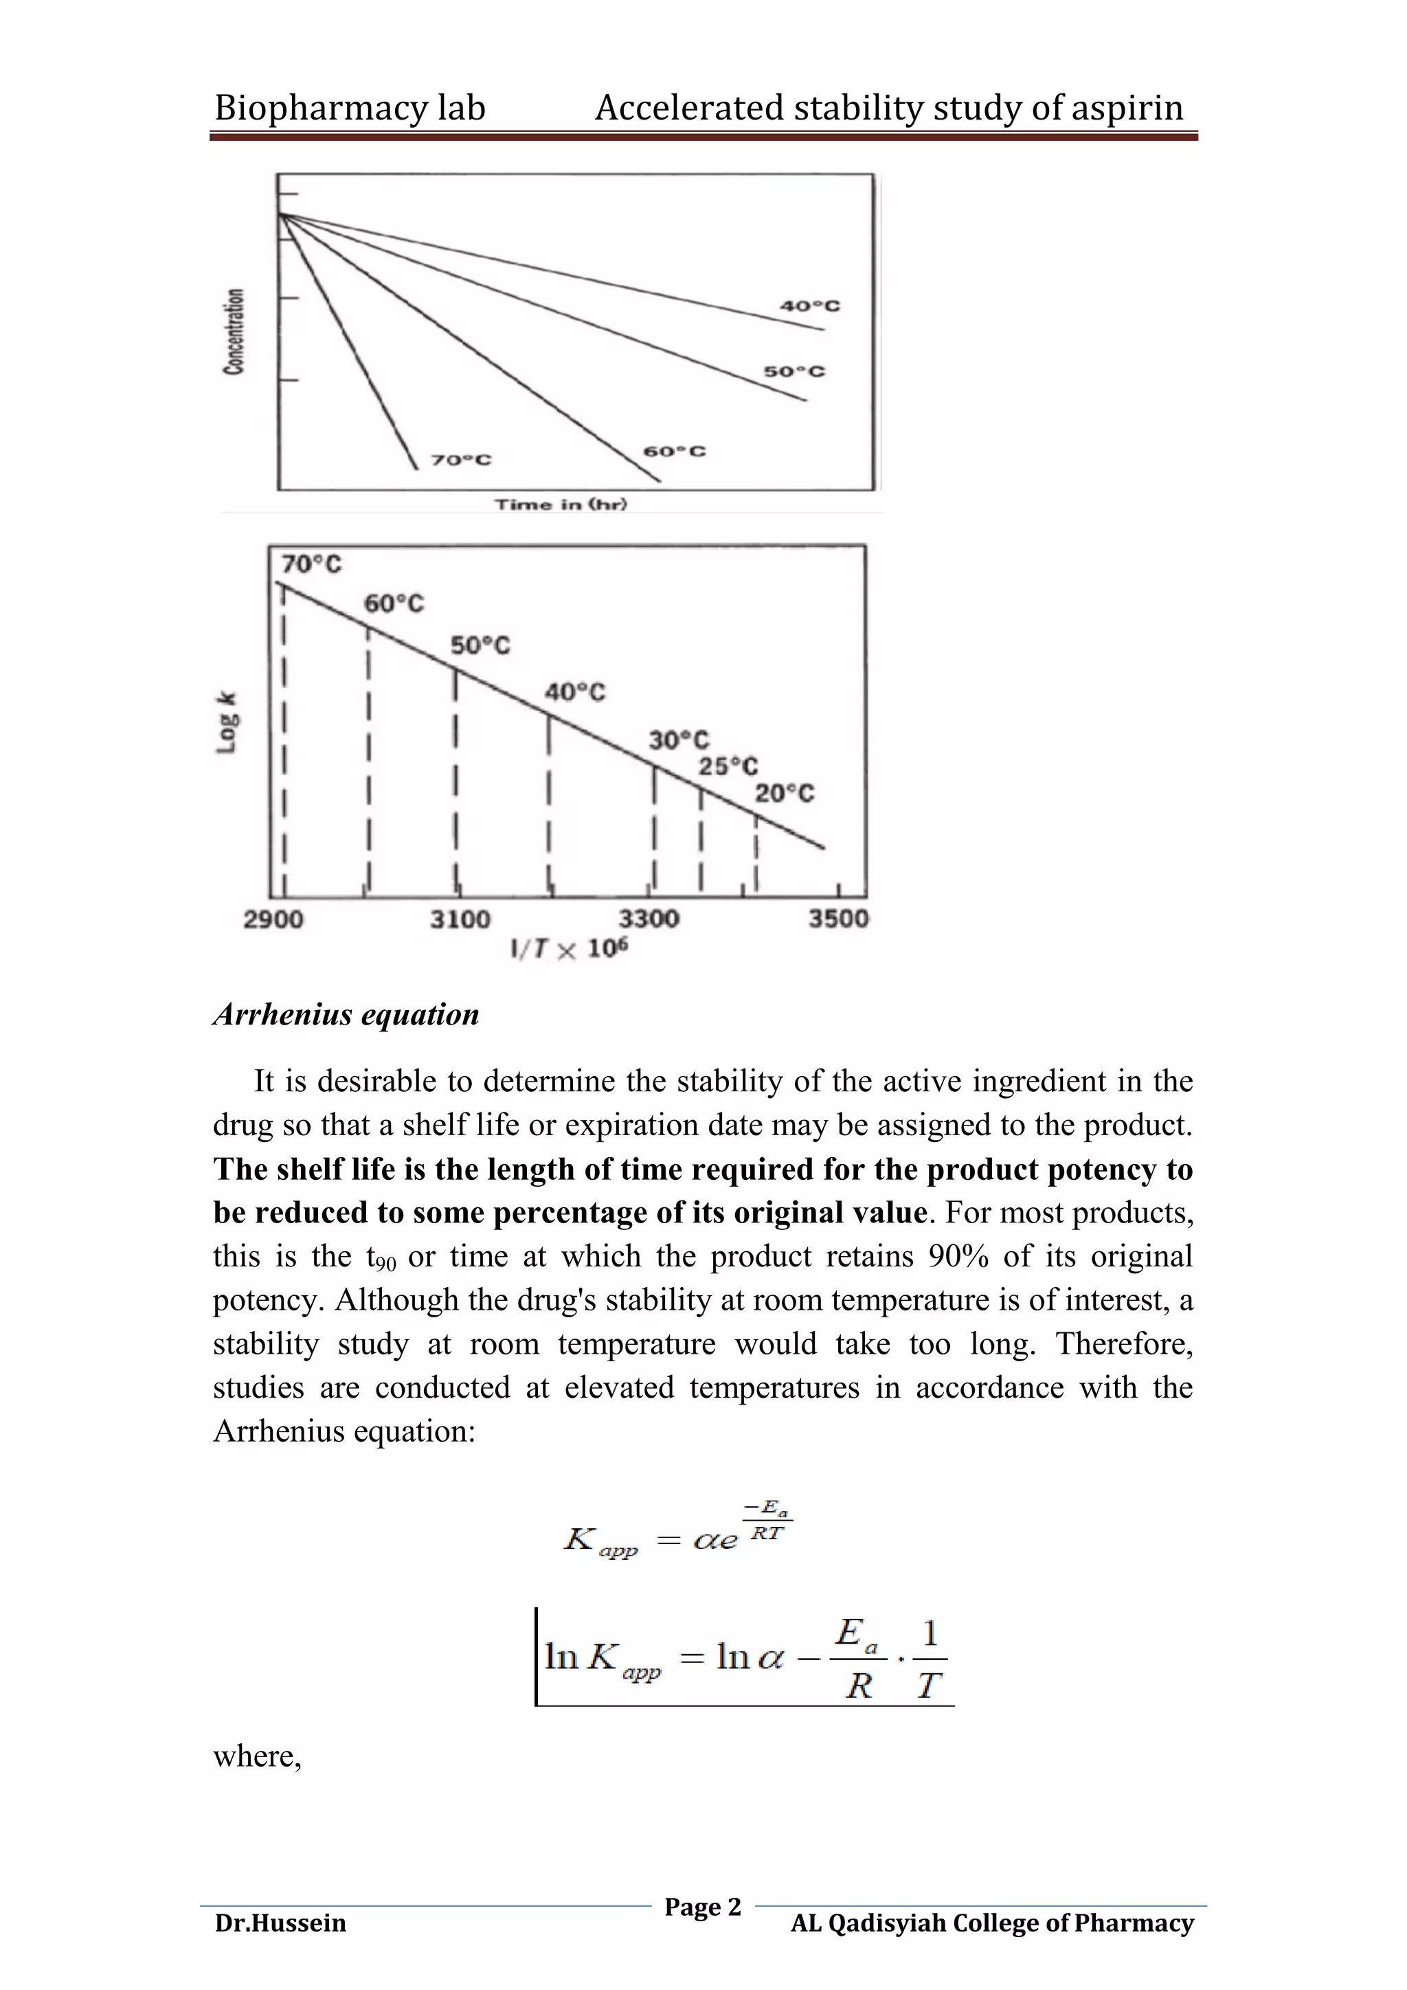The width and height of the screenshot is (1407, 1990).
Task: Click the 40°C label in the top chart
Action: (x=809, y=306)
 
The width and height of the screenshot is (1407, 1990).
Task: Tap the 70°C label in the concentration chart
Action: (x=461, y=460)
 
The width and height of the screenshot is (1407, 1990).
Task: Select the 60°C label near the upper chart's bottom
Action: (x=674, y=451)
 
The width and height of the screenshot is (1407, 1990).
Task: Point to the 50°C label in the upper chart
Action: (x=793, y=372)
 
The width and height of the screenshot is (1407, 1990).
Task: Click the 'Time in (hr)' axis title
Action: (x=561, y=504)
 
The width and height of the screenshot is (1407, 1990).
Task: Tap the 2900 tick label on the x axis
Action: (x=273, y=919)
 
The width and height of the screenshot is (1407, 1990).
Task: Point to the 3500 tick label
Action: (x=837, y=919)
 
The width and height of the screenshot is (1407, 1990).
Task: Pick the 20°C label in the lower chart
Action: (x=784, y=794)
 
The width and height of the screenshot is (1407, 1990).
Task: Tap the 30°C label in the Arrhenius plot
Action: (x=678, y=740)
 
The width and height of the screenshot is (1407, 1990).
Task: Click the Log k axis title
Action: (x=227, y=722)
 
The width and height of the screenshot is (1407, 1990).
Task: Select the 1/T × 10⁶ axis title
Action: (x=570, y=948)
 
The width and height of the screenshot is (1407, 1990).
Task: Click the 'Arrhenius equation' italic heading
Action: (x=346, y=1014)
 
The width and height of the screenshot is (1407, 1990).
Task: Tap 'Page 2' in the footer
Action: (x=703, y=1907)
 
